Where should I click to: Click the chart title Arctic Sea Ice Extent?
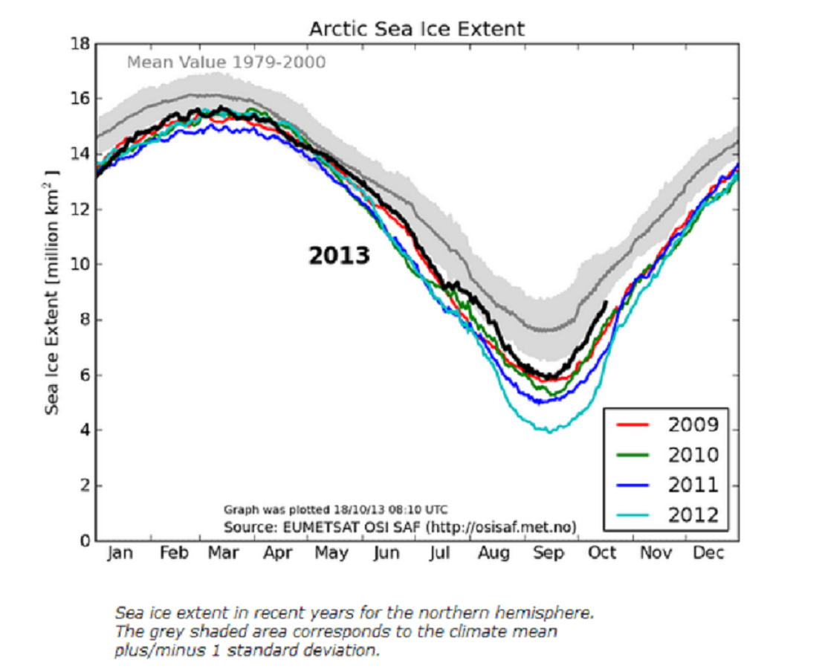point(416,29)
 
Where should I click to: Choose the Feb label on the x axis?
point(175,554)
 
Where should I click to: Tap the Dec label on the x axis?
point(711,554)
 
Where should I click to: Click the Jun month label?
point(386,554)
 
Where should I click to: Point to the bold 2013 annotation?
point(339,256)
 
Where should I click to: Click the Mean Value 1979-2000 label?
point(226,62)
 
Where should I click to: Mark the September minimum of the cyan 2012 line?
point(549,431)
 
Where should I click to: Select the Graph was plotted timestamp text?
point(335,509)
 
